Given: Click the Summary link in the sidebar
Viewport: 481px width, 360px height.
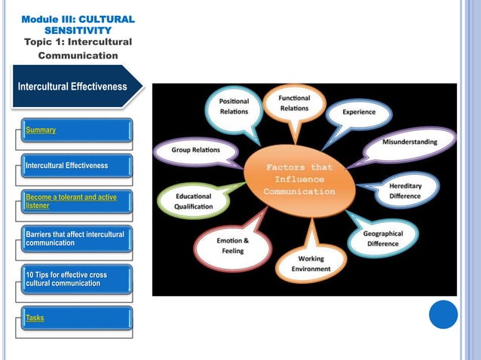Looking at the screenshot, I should (x=41, y=130).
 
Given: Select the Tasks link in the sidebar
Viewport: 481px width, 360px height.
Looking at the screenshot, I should (x=35, y=318).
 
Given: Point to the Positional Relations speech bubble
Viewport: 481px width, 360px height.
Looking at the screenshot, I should (x=234, y=107).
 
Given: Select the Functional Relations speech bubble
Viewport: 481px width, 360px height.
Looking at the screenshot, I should (x=294, y=104).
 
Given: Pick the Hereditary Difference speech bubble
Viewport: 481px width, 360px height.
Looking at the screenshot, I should (x=405, y=189).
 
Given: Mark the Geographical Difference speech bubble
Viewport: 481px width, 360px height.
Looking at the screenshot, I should (x=384, y=238).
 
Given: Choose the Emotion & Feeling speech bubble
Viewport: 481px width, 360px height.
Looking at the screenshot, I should (x=228, y=246).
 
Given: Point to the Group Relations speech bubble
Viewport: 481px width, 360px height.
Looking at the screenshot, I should (x=195, y=150).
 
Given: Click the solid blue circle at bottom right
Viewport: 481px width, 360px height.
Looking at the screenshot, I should (x=443, y=314).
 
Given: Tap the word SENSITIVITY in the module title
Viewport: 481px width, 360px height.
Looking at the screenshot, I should (x=78, y=29).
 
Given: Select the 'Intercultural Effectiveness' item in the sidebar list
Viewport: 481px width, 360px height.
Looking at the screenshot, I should (x=67, y=165).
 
